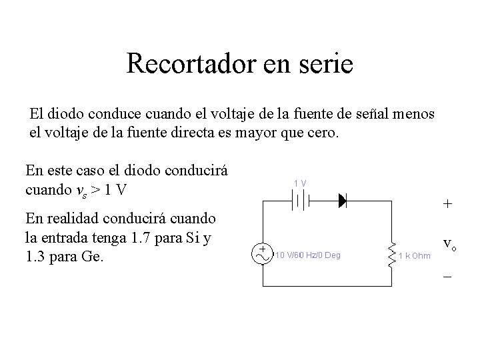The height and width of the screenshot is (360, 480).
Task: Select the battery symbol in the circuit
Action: pyautogui.click(x=300, y=199)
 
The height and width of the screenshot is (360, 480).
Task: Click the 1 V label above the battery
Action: pyautogui.click(x=300, y=183)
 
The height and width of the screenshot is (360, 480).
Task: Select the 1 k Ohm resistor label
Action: pyautogui.click(x=415, y=255)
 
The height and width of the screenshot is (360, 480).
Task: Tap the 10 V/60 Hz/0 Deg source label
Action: pyautogui.click(x=307, y=255)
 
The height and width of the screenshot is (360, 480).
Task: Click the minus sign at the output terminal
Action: pyautogui.click(x=447, y=275)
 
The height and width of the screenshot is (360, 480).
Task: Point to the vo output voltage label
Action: pyautogui.click(x=450, y=245)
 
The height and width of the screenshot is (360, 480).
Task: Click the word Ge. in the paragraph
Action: pyautogui.click(x=91, y=256)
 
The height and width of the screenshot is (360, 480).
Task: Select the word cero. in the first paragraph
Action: pyautogui.click(x=325, y=132)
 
